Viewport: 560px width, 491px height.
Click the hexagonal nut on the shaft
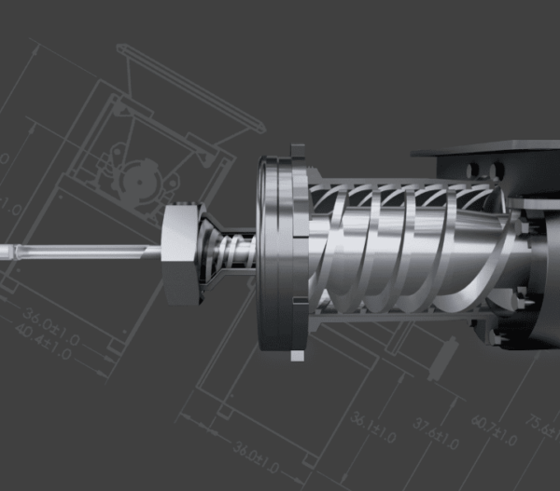tap(180, 252)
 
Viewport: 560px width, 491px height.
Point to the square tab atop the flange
tap(298, 151)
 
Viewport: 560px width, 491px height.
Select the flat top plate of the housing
tap(485, 146)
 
